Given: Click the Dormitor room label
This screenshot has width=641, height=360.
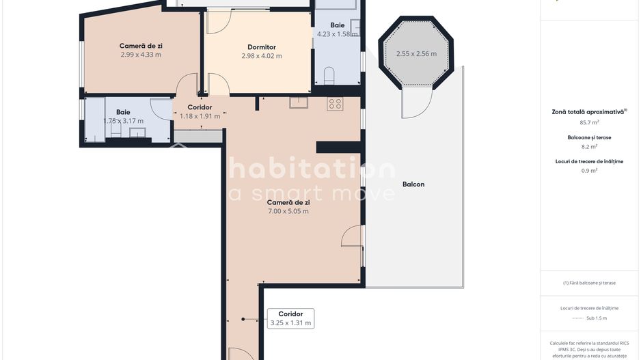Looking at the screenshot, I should tap(261, 47).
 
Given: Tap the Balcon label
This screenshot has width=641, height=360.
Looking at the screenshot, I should tap(413, 184).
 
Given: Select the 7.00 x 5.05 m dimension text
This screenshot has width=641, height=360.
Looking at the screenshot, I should tap(288, 211).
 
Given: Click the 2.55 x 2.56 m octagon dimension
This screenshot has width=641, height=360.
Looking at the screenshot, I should tap(416, 53).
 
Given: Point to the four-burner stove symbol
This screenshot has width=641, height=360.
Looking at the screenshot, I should tap(335, 104).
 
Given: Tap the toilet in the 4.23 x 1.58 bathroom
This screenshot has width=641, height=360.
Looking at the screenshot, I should tap(328, 74).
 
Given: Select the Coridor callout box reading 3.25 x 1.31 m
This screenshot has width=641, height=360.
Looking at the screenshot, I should tap(290, 318).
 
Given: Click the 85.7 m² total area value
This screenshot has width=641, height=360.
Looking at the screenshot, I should tap(589, 122).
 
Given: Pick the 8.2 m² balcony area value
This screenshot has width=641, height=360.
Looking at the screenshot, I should tap(589, 146).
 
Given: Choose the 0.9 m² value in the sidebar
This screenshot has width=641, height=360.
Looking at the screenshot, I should tap(589, 170).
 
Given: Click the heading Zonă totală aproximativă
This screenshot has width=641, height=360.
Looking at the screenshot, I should tap(588, 111).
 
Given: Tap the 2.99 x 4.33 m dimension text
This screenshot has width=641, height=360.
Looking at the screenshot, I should tap(141, 55).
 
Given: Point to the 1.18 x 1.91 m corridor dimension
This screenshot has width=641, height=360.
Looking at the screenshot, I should tap(200, 116).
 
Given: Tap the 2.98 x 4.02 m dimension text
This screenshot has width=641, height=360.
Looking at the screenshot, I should tap(261, 56).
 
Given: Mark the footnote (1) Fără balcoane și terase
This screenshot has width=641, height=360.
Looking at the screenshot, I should tap(589, 283).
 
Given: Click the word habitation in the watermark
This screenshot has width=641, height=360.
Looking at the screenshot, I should tap(311, 169).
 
